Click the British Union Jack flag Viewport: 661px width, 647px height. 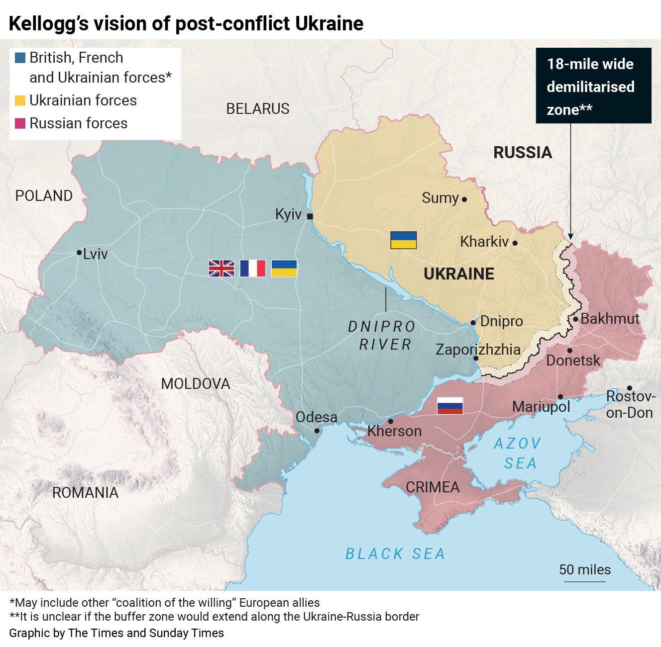click(x=221, y=269)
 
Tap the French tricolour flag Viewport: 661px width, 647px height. click(x=253, y=269)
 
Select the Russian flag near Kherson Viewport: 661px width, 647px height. click(x=450, y=406)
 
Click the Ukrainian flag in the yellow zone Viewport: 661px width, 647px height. click(x=403, y=240)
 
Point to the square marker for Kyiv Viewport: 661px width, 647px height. click(x=310, y=216)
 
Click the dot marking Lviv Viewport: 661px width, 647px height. click(x=79, y=253)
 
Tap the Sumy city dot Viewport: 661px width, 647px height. click(x=464, y=199)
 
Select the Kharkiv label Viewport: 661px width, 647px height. click(x=484, y=242)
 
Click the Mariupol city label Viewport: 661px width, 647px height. click(x=541, y=407)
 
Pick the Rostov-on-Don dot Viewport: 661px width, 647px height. click(x=630, y=388)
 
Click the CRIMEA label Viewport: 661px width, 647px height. click(x=433, y=487)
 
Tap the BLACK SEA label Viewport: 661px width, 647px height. click(x=395, y=554)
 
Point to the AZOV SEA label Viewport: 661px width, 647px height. click(x=518, y=453)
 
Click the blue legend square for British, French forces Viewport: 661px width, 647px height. click(x=20, y=58)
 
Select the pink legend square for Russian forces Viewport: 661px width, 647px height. click(x=20, y=123)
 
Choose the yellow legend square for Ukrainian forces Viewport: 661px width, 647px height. click(x=20, y=100)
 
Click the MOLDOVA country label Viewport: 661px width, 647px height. click(x=196, y=384)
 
